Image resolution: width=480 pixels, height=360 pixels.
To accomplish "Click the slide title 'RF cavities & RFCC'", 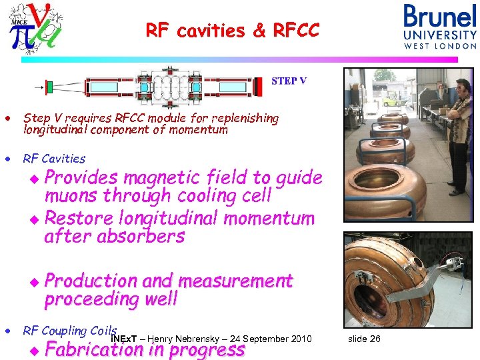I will pyautogui.click(x=233, y=31).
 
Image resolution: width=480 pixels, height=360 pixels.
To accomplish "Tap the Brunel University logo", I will pyautogui.click(x=440, y=26).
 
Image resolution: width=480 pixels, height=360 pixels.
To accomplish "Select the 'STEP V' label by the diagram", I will pyautogui.click(x=289, y=81).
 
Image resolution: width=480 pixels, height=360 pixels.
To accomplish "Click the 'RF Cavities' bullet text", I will pyautogui.click(x=54, y=159).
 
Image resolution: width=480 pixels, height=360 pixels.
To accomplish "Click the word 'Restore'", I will pyautogui.click(x=77, y=218).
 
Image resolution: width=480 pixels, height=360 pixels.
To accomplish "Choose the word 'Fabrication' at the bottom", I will pyautogui.click(x=97, y=349).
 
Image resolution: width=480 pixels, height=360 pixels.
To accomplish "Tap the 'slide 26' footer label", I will pyautogui.click(x=364, y=339).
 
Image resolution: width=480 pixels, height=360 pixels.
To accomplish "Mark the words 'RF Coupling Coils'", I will pyautogui.click(x=70, y=331).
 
